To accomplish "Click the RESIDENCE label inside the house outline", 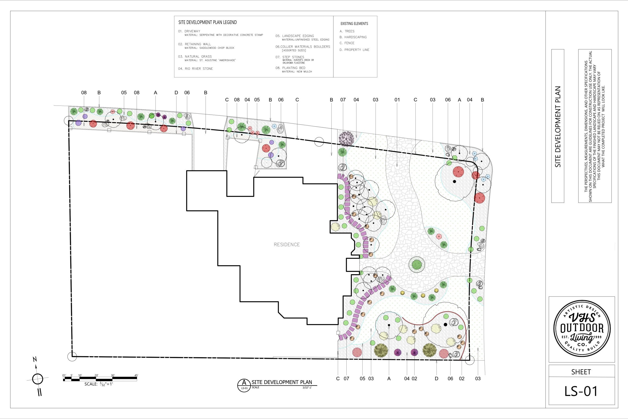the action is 287,244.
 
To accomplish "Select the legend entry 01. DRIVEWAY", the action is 189,31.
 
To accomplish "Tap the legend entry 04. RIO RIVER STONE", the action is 196,69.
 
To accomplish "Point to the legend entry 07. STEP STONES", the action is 290,57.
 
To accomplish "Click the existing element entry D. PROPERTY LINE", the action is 354,50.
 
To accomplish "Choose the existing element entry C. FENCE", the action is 347,43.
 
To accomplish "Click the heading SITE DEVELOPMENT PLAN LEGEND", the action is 208,22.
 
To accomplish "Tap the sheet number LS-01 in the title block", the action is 581,391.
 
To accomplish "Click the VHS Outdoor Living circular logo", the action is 581,328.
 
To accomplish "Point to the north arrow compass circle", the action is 38,379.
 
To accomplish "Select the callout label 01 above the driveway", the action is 397,100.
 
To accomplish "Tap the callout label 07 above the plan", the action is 343,100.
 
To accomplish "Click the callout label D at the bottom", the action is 436,379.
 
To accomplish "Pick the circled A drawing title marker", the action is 244,385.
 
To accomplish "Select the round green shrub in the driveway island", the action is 416,264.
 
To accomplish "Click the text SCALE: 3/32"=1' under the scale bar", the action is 99,384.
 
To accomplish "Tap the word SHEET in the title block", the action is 581,372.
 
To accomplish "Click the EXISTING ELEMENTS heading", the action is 354,24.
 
